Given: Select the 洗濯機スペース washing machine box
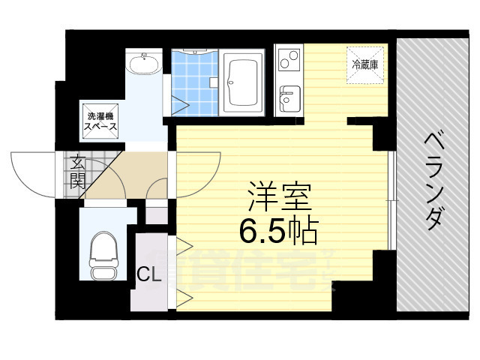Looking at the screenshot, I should coord(101,121).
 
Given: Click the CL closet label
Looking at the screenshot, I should coord(148,275).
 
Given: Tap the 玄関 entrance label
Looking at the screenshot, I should coord(78,171).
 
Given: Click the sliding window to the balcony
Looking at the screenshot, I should coord(391,199).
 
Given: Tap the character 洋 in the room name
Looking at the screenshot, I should coord(258,197).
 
